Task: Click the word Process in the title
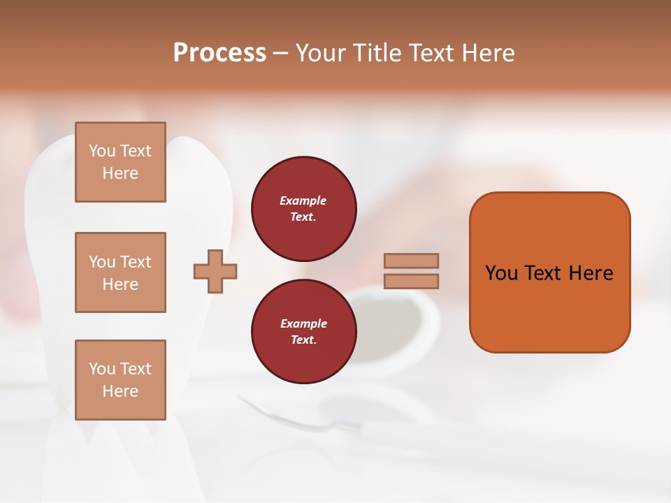219,53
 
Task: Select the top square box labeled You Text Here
120,162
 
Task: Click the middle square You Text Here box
120,272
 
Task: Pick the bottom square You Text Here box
120,379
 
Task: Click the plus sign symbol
215,272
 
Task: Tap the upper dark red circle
303,208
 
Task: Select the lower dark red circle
303,331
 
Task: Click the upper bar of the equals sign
411,261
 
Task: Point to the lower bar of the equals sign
411,281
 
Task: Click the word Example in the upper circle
303,201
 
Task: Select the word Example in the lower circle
303,323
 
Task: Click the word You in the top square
102,151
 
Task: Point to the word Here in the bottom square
120,391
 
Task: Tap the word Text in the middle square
136,262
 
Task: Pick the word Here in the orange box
591,273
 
